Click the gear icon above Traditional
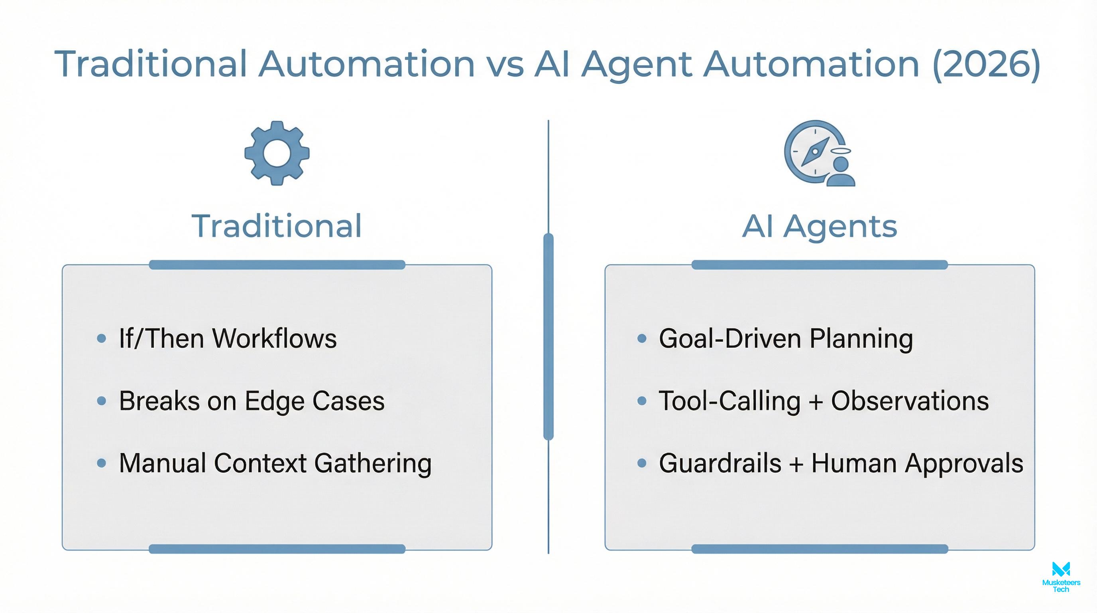click(277, 153)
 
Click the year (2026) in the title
click(986, 64)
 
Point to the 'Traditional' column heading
click(277, 226)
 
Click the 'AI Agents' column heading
click(819, 226)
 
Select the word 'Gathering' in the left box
click(373, 463)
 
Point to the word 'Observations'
click(910, 401)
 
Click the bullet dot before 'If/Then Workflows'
click(101, 338)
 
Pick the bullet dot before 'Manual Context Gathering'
click(101, 463)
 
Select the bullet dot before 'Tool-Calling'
click(642, 401)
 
